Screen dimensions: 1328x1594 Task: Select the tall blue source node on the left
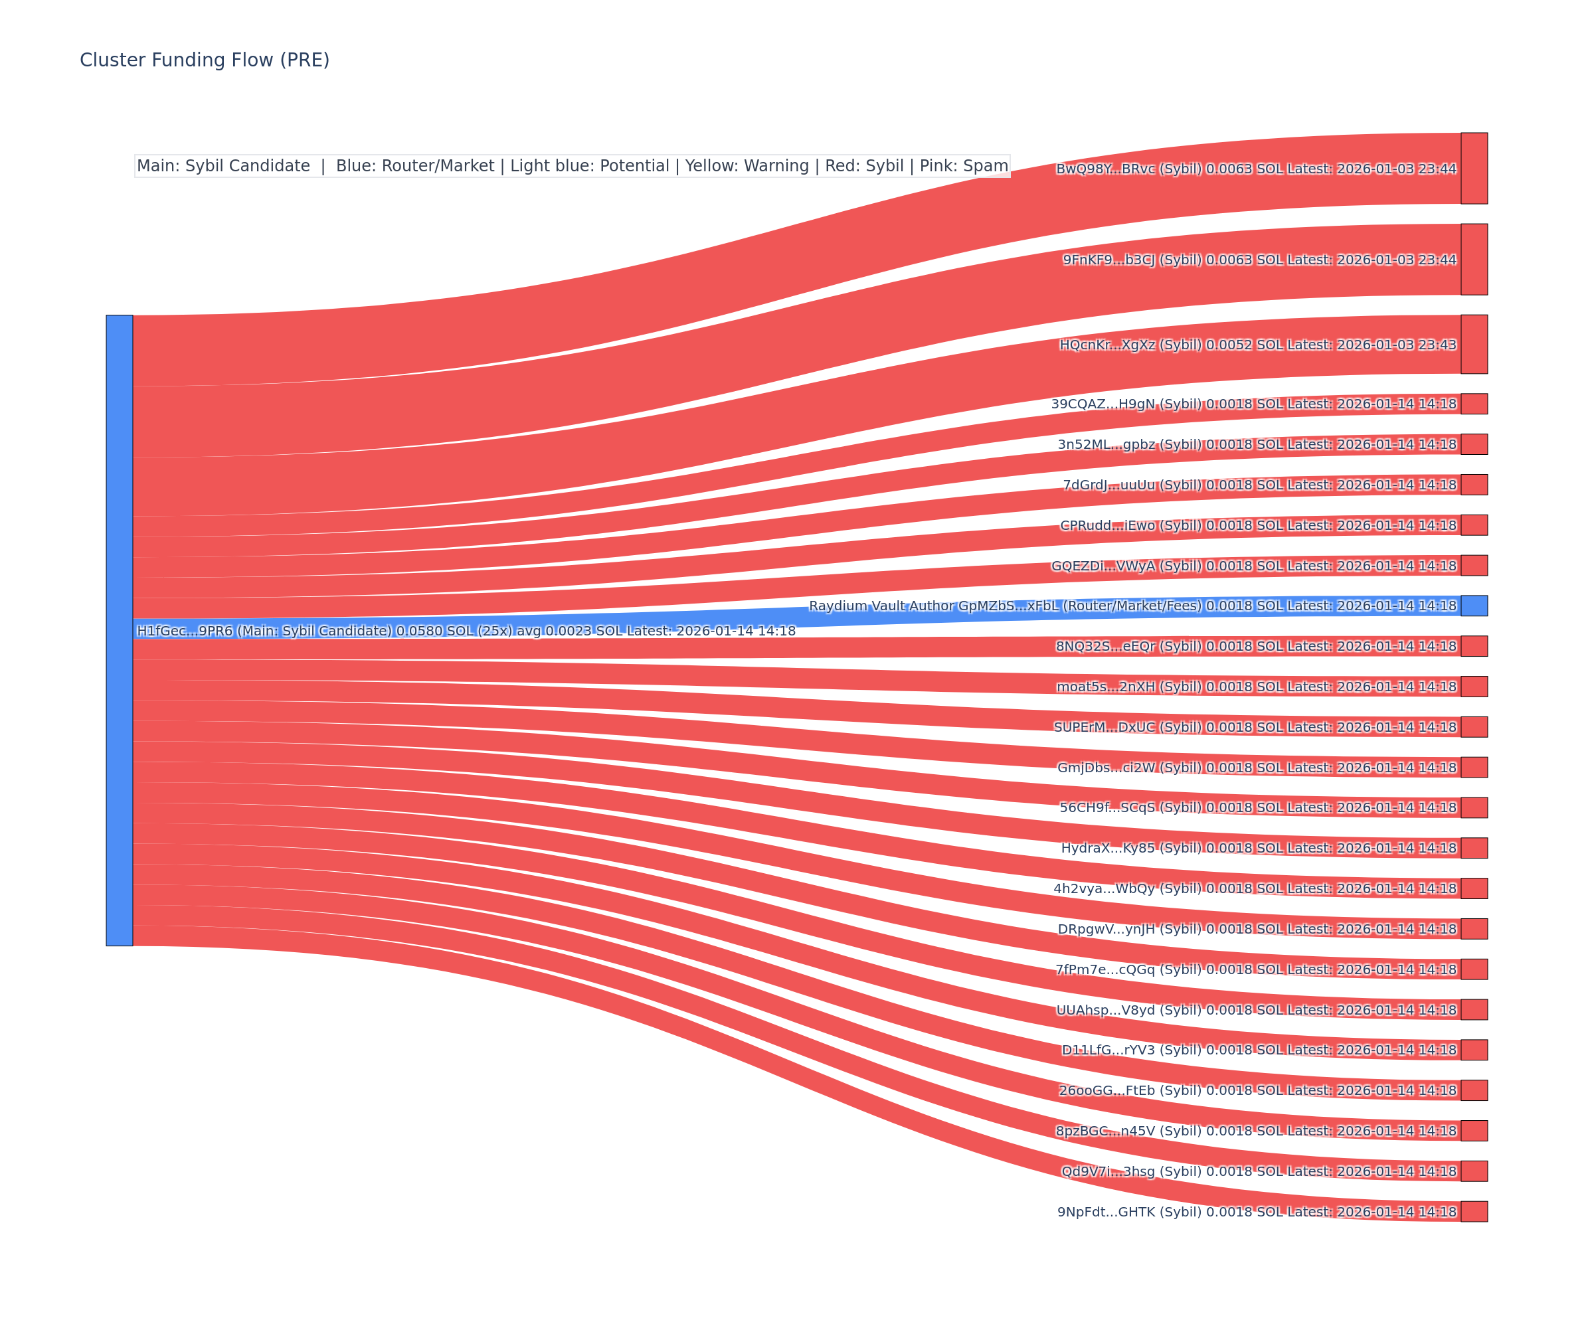119,630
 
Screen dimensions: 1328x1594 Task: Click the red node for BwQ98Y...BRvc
1474,169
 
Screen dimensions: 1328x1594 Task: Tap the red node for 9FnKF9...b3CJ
1474,260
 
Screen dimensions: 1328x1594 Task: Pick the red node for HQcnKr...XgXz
1474,345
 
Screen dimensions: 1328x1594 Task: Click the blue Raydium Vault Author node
1474,606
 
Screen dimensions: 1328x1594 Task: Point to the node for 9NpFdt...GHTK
1474,1212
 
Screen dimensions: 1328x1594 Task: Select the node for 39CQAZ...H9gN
1474,404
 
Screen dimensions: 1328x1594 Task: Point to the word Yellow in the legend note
709,166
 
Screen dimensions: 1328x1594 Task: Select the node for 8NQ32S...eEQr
1474,647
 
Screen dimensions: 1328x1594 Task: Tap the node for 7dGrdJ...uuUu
1474,485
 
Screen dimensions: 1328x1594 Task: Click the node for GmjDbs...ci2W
1474,767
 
